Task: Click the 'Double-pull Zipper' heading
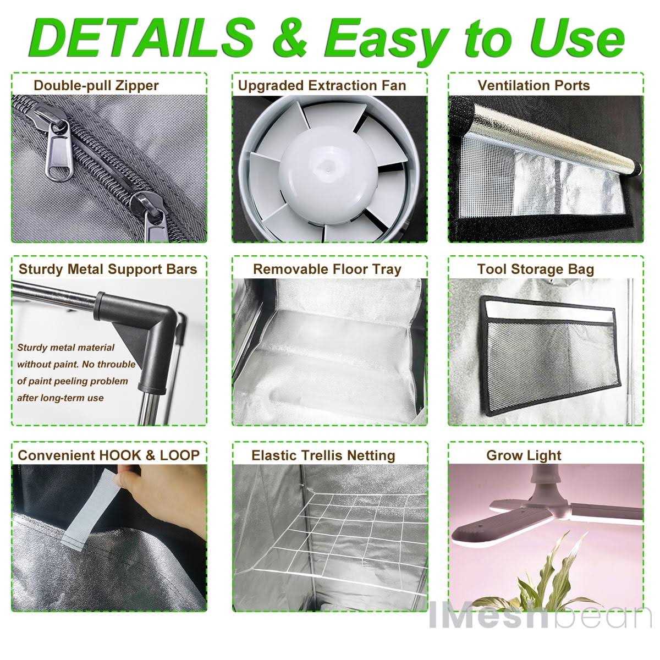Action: point(96,86)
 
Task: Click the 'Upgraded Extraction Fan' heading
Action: point(322,86)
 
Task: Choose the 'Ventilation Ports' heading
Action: point(533,86)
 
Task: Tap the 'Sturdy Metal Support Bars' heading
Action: point(108,269)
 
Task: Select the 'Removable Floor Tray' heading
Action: point(327,269)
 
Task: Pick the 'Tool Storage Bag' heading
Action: point(535,269)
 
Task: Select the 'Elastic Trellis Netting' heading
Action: point(323,455)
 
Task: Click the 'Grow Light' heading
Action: point(524,455)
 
